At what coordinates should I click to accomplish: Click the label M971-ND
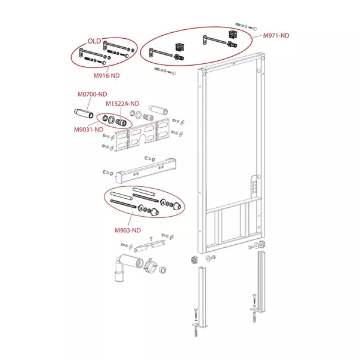pyautogui.click(x=276, y=36)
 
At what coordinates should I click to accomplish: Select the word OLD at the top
pyautogui.click(x=95, y=41)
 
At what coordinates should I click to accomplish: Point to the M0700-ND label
pyautogui.click(x=93, y=94)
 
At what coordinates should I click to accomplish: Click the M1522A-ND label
pyautogui.click(x=122, y=103)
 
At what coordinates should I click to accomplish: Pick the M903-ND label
pyautogui.click(x=128, y=229)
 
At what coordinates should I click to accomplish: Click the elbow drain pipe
pyautogui.click(x=123, y=267)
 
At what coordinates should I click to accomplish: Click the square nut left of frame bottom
pyautogui.click(x=193, y=259)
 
